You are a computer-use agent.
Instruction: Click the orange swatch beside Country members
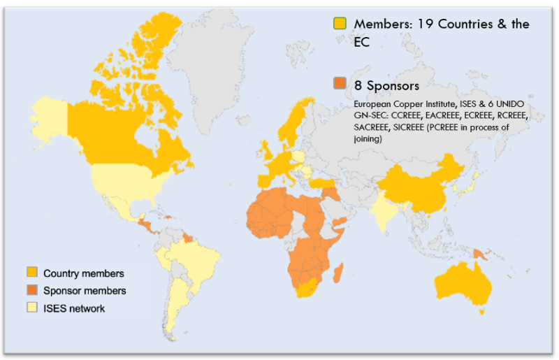tap(31, 273)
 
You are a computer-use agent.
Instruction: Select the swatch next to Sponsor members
tap(31, 290)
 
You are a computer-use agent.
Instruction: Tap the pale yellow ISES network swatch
tap(31, 308)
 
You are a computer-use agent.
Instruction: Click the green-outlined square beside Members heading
tap(340, 23)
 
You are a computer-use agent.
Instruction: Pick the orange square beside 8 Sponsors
tap(340, 85)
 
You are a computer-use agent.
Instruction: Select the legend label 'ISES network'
tap(74, 308)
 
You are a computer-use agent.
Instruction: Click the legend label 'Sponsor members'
tap(85, 290)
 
